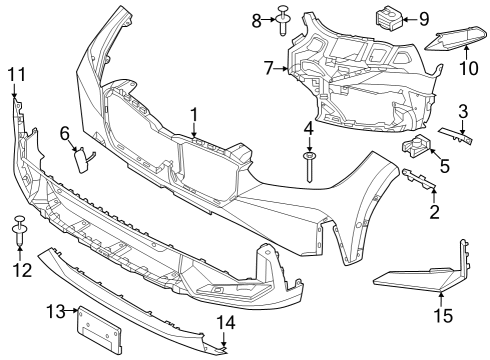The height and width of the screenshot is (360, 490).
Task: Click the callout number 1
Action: tap(194, 115)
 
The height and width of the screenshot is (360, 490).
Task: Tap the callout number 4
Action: tap(308, 130)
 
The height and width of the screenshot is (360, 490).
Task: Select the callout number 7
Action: tap(268, 68)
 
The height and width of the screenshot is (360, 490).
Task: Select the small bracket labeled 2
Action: tap(419, 179)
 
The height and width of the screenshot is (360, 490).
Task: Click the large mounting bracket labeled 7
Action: tap(360, 75)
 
